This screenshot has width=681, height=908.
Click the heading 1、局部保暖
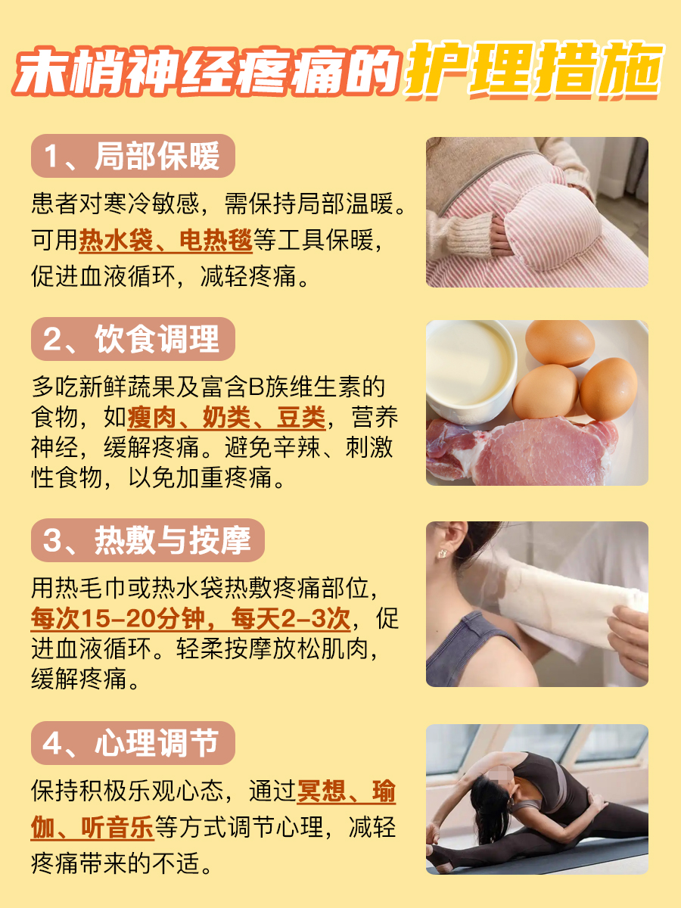pos(132,157)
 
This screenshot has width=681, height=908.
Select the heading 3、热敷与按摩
pos(147,542)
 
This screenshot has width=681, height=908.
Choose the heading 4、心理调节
pos(132,743)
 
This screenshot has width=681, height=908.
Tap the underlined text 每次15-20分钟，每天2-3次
pos(190,618)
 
